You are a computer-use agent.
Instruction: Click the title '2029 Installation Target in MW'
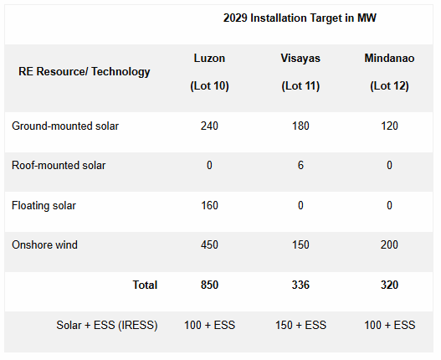pos(300,18)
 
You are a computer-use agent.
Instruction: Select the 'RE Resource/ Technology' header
pos(85,71)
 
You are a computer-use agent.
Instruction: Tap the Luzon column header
pos(209,59)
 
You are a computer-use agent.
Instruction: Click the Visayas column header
pos(300,59)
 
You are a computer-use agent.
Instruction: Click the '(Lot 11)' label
pos(301,86)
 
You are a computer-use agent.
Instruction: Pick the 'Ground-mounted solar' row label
pos(65,126)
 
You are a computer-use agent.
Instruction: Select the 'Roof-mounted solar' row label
pos(59,166)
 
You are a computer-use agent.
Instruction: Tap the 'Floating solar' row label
pos(44,205)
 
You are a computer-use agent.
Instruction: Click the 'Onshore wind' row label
pos(44,245)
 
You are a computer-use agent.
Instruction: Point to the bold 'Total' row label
pos(145,285)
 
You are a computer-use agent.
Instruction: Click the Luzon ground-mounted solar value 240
pos(209,126)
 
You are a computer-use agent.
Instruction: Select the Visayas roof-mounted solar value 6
pos(301,166)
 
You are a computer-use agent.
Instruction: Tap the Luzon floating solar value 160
pos(209,205)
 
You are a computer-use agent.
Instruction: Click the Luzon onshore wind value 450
pos(209,245)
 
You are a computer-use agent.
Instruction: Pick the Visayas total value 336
pos(301,285)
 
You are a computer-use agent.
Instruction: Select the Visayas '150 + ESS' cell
pos(301,325)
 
